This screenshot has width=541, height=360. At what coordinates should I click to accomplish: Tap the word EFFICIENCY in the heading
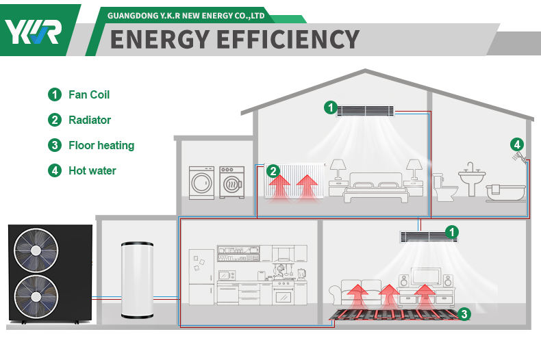tap(288, 39)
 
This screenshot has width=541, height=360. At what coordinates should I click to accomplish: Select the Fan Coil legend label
tap(88, 94)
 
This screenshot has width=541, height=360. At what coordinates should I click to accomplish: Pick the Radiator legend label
tap(89, 120)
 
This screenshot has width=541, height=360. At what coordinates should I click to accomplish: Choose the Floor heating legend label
tap(101, 145)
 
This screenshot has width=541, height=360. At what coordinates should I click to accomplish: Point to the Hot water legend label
tap(92, 170)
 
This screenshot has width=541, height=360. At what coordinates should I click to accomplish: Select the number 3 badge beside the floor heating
tap(465, 314)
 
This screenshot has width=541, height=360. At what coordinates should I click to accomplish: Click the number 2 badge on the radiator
tap(273, 171)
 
